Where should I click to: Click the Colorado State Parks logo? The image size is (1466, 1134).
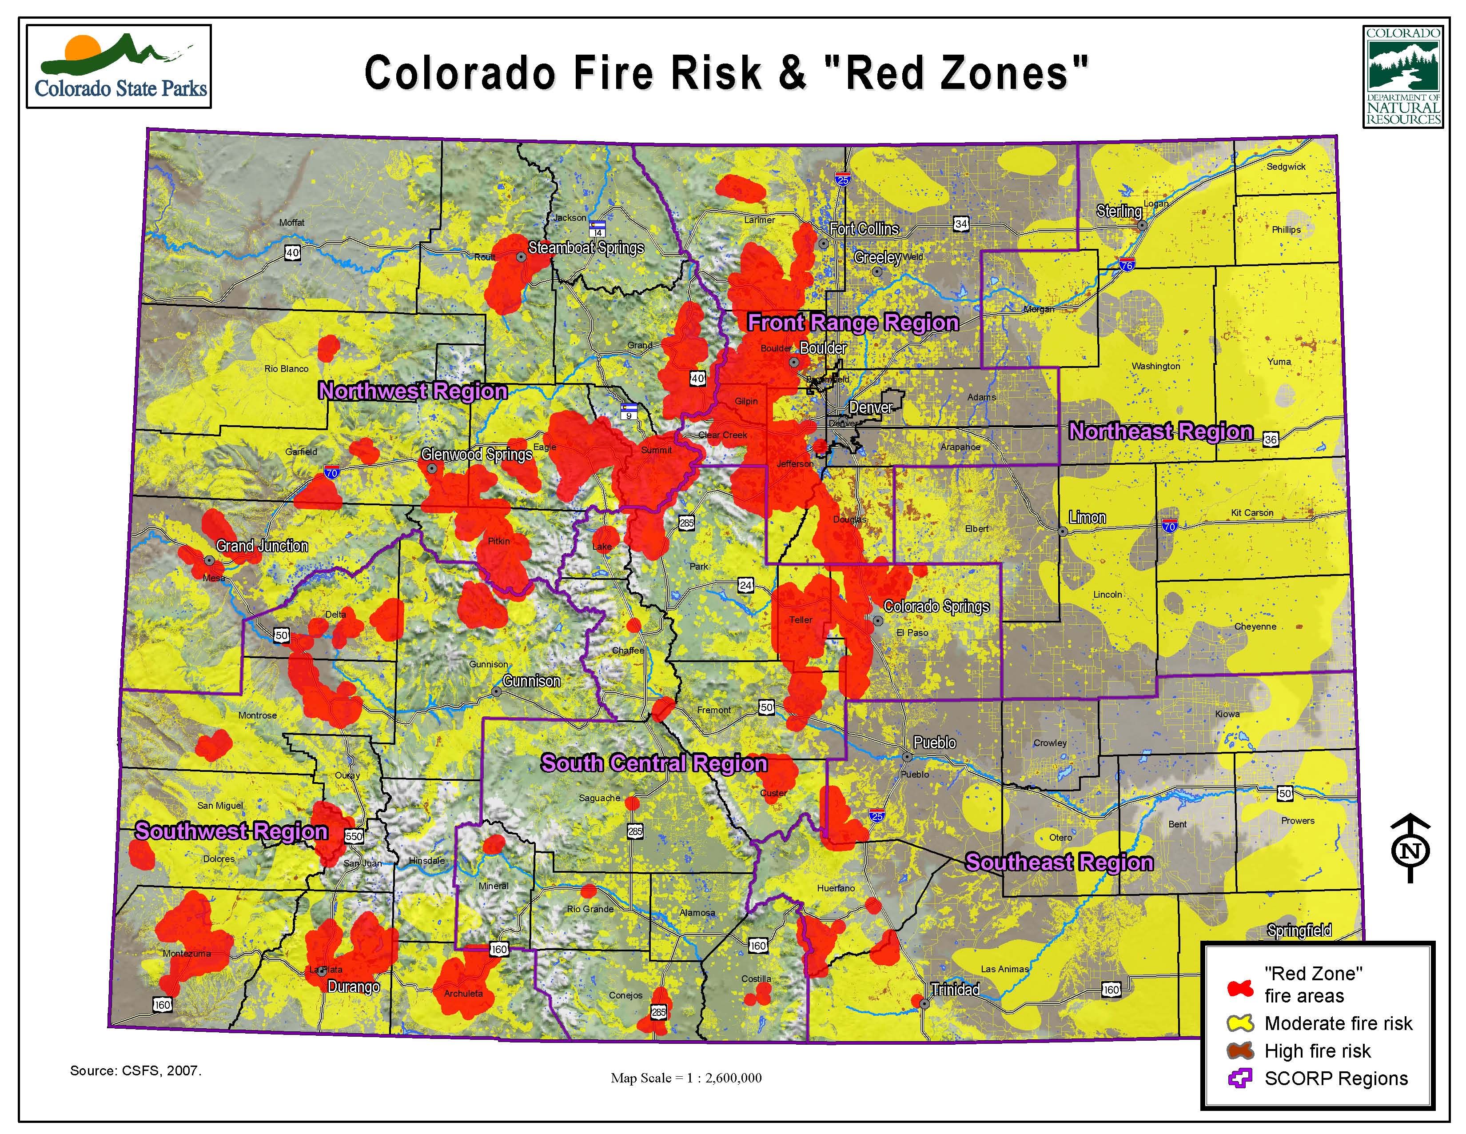(119, 67)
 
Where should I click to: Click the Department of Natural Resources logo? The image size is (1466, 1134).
(1403, 76)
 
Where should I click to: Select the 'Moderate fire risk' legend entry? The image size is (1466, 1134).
(1338, 1023)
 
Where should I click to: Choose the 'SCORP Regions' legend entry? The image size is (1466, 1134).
(1336, 1078)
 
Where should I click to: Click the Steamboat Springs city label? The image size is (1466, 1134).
(586, 248)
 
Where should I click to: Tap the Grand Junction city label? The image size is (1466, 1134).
(262, 546)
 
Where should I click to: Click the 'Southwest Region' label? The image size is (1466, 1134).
(231, 831)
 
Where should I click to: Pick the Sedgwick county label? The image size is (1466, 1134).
(1286, 167)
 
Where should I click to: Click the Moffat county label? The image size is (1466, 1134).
(291, 222)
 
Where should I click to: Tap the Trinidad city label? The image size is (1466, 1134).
(955, 989)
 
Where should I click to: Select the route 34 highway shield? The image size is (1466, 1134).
(961, 224)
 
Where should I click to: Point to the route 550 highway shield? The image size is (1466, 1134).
(354, 836)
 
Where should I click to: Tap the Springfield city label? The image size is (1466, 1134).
(1299, 930)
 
